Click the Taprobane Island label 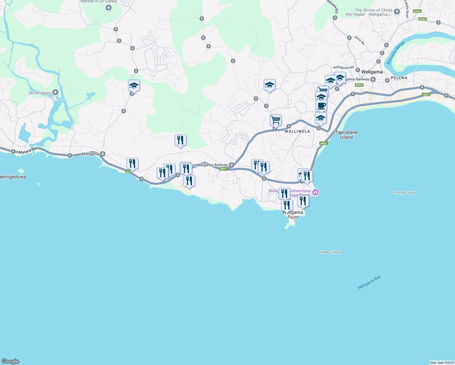click(346, 135)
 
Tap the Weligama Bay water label click(369, 282)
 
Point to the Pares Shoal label click(330, 252)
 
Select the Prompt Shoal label click(405, 193)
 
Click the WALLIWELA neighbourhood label click(297, 132)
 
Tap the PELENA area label click(399, 78)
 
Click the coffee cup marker click(321, 106)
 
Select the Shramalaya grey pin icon click(55, 92)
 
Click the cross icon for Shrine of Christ click(397, 12)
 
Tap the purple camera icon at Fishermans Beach click(315, 192)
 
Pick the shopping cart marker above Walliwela click(276, 120)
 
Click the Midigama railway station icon click(103, 154)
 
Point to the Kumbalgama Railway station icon click(231, 165)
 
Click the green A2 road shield click(128, 172)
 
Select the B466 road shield click(422, 19)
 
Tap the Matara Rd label click(27, 151)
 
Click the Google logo click(10, 361)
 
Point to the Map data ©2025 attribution click(441, 363)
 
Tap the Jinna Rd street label click(359, 40)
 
